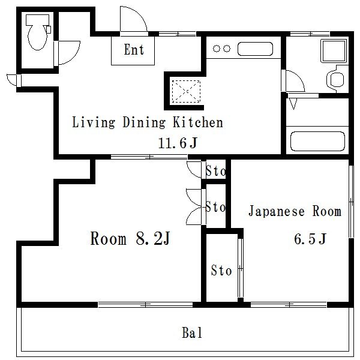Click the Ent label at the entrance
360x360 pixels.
point(134,50)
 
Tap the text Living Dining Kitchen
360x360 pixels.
point(148,122)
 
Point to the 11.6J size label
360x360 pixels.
point(178,143)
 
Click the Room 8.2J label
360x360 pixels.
point(130,238)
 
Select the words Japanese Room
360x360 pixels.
point(295,211)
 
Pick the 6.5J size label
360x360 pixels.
point(310,239)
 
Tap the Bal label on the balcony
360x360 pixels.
point(192,332)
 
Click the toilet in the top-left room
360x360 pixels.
point(38,32)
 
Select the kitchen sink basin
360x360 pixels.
point(255,49)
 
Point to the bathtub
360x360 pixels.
point(318,141)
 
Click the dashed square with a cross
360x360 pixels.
point(186,91)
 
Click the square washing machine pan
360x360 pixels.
point(334,51)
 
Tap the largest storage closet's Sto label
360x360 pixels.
point(221,270)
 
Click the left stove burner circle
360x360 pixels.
point(216,49)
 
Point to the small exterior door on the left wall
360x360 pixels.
point(14,80)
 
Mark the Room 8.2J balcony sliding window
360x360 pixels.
point(146,305)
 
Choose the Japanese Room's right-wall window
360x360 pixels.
point(351,202)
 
